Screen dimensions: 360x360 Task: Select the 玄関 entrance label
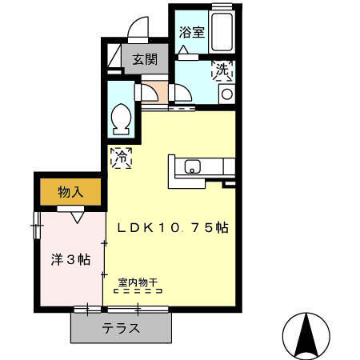(x=145, y=60)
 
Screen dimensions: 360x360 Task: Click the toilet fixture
(x=123, y=119)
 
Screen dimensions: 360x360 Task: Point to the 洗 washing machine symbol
(x=222, y=72)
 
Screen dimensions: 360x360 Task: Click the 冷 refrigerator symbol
(x=122, y=157)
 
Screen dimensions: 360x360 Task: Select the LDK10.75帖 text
(x=174, y=227)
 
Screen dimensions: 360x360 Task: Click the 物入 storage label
(x=71, y=192)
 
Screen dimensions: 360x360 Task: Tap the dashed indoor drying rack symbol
(x=138, y=292)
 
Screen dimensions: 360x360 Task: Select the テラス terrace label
(x=121, y=327)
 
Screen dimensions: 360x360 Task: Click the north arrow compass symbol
(x=305, y=336)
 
